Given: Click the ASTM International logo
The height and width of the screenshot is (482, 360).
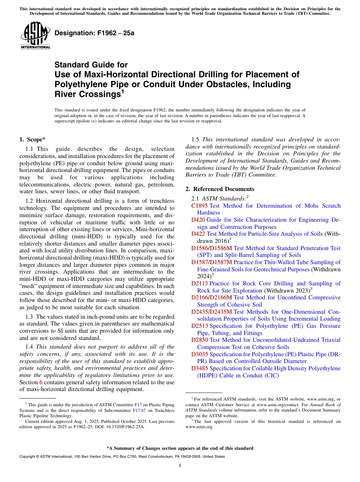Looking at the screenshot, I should point(35,36).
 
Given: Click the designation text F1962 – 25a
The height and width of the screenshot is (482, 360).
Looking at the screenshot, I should point(94,33).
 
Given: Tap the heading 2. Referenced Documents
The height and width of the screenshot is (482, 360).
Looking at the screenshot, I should point(220,189).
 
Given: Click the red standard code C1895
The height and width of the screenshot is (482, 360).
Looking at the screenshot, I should point(199,206).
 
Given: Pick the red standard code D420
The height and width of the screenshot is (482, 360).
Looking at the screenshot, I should point(198,220).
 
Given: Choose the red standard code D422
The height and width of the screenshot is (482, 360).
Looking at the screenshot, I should point(198,234).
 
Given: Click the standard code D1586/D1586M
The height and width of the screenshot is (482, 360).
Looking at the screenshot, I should point(211,248).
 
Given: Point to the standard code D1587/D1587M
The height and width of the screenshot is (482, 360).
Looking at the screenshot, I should point(211,262).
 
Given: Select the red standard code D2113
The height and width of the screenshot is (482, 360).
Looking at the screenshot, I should point(199,283).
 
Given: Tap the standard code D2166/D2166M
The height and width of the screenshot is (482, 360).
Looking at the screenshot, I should point(212,297).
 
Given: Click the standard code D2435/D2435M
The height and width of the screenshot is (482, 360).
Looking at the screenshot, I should point(212,312).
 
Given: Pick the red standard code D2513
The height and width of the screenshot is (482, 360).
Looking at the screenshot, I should point(199,326).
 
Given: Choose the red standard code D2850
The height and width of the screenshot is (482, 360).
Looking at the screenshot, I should point(199,340).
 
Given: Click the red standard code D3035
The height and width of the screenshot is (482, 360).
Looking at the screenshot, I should point(199,354).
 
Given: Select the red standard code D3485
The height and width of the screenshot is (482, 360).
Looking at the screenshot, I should point(199,368).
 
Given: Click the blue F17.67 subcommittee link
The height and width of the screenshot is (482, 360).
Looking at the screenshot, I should point(138,410).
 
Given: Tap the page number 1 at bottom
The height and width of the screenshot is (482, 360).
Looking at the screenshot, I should point(180,466).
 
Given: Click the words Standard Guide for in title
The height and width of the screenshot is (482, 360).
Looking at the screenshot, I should point(91,65).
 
